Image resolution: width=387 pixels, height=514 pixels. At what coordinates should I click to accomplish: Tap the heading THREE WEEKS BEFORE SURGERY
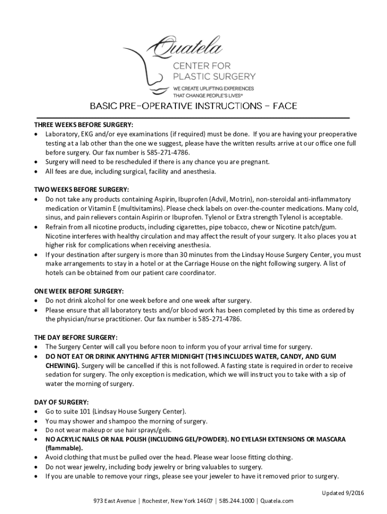point(83,125)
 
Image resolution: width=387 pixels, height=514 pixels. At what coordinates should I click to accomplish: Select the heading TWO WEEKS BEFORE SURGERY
point(81,190)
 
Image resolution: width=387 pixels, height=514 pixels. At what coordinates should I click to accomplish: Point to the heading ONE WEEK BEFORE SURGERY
point(79,291)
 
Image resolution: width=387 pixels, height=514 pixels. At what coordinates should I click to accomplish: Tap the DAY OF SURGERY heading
point(61,402)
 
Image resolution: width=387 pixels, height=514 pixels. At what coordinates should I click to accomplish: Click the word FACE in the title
point(284,106)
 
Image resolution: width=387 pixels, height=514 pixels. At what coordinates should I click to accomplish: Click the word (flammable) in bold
point(64,448)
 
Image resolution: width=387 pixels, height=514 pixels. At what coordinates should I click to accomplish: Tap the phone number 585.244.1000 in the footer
point(235,501)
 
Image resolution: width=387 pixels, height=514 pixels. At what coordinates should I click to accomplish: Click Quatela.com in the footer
point(277,501)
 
